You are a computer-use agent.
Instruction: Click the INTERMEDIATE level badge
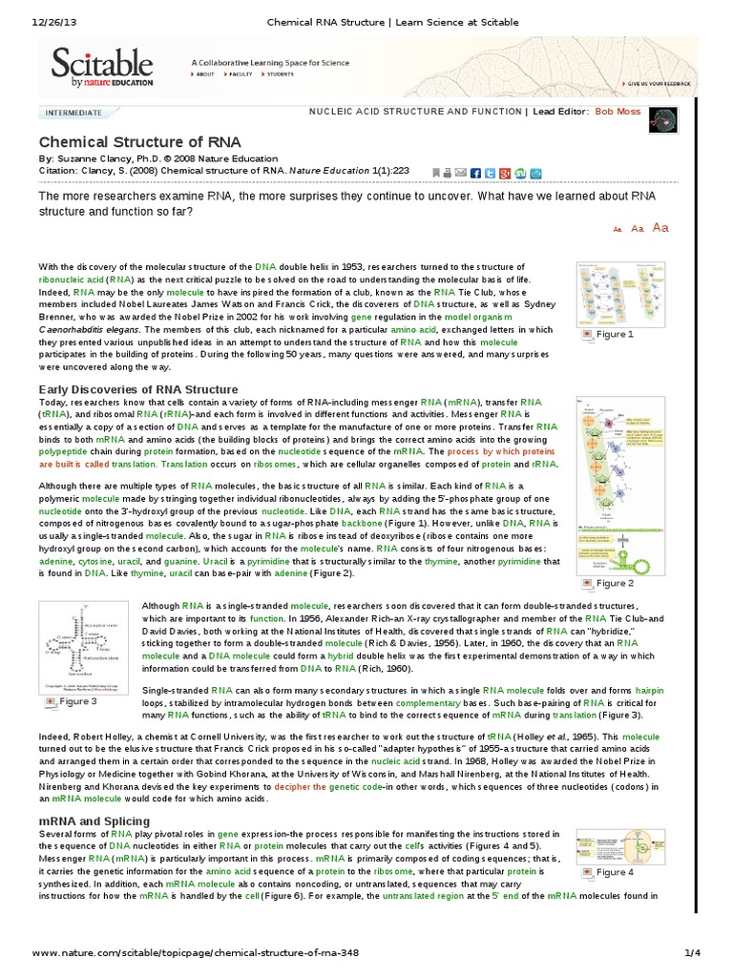74,112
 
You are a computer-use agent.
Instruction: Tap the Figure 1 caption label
614,334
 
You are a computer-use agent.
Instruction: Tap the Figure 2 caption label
614,582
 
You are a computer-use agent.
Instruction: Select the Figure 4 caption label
614,871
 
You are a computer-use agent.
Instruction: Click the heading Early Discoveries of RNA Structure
137,389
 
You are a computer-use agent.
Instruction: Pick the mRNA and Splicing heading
94,821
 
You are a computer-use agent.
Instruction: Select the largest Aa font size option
660,227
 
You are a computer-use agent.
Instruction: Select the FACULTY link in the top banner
241,73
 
